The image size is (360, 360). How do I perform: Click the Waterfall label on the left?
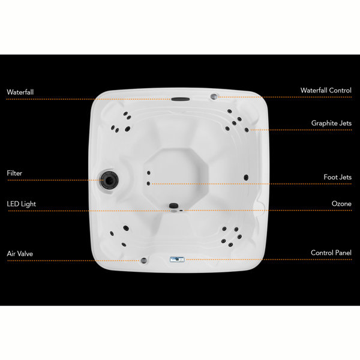pyautogui.click(x=20, y=92)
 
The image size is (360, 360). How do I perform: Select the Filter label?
pyautogui.click(x=14, y=173)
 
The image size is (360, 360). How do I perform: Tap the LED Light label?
pyautogui.click(x=22, y=204)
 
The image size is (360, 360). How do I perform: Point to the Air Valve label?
pyautogui.click(x=20, y=254)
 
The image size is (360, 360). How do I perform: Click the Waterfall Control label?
pyautogui.click(x=326, y=91)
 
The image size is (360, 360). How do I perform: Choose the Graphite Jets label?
pyautogui.click(x=331, y=124)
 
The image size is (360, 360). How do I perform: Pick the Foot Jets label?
pyautogui.click(x=337, y=178)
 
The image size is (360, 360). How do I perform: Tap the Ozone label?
pyautogui.click(x=341, y=204)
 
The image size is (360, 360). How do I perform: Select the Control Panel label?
pyautogui.click(x=331, y=254)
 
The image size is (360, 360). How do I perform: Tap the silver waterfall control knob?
pyautogui.click(x=213, y=95)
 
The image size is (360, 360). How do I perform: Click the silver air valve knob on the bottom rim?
pyautogui.click(x=144, y=260)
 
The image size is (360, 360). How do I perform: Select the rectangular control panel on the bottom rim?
pyautogui.click(x=176, y=259)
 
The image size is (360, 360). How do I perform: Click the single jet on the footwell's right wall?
pyautogui.click(x=245, y=177)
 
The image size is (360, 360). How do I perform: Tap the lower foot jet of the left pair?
pyautogui.click(x=148, y=183)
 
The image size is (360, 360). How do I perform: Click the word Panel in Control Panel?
pyautogui.click(x=343, y=254)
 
